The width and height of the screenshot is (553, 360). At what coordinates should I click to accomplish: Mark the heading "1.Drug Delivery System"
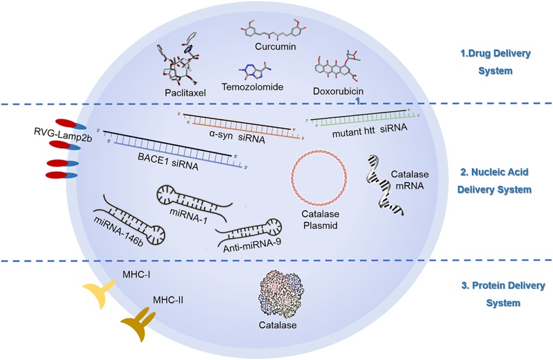pos(495,62)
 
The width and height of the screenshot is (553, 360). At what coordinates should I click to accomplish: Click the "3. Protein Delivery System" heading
pos(495,294)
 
